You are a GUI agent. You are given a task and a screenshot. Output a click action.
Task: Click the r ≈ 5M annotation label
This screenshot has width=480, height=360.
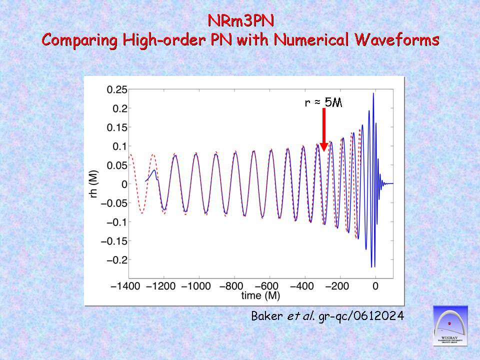pyautogui.click(x=324, y=102)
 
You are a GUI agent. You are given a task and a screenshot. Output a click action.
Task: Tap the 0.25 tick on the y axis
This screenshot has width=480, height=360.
pyautogui.click(x=116, y=90)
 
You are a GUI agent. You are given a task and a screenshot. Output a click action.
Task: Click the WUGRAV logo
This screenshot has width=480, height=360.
pyautogui.click(x=450, y=326)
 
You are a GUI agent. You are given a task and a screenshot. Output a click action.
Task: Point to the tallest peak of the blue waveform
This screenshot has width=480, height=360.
pyautogui.click(x=373, y=95)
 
